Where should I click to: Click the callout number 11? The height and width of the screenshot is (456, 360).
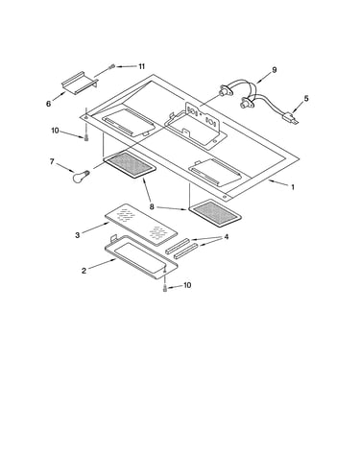tap(141, 66)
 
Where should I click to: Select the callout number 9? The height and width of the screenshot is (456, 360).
tap(275, 70)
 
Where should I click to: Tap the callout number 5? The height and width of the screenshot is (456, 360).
tap(306, 98)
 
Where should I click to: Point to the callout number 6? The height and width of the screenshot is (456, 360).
tap(48, 104)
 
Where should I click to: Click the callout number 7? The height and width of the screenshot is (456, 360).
tap(52, 161)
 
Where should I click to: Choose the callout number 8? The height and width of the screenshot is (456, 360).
tap(152, 206)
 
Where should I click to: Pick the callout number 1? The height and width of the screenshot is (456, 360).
tap(293, 187)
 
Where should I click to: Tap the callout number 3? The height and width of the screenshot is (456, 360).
tap(78, 235)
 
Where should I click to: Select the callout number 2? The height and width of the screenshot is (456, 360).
tap(84, 271)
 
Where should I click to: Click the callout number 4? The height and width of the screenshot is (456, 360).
tap(227, 237)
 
